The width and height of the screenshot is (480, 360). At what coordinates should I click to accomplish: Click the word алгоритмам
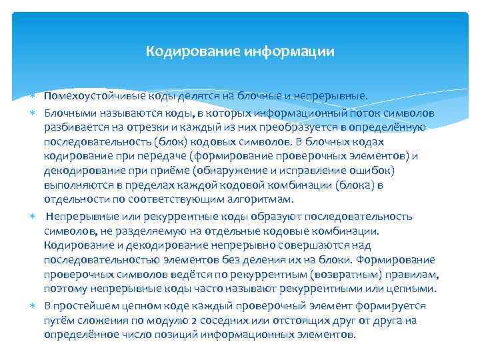point(263,200)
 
